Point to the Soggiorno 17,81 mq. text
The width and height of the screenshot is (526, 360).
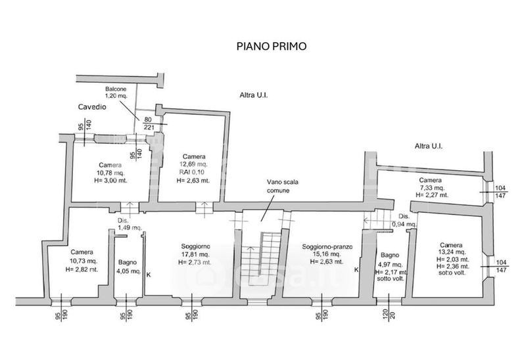tap(195, 254)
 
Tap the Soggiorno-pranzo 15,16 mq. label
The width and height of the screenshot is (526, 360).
tap(328, 254)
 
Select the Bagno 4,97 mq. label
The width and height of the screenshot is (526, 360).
tap(390, 266)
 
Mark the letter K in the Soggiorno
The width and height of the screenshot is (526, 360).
tap(148, 275)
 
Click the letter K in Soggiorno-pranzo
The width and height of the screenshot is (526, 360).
tap(357, 269)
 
